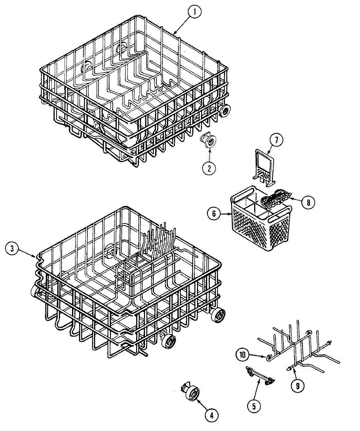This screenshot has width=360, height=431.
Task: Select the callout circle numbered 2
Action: pos(209,168)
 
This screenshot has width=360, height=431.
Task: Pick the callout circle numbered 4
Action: pos(211,416)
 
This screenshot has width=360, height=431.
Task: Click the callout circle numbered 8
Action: pos(307,202)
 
